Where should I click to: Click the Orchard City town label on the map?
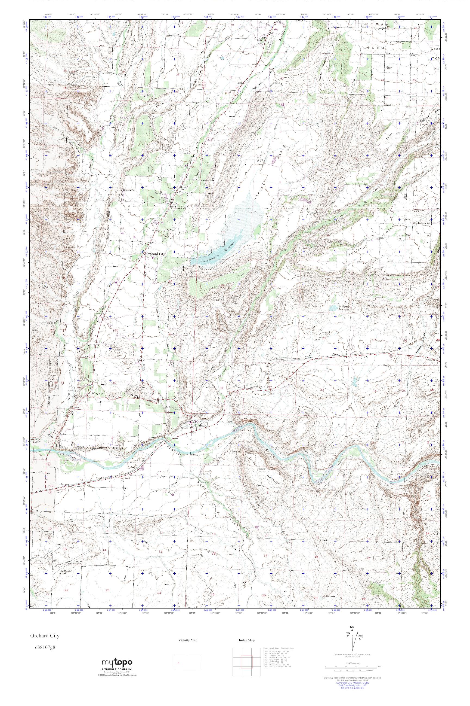coord(155,254)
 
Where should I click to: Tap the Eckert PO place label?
coord(179,207)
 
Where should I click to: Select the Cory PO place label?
coord(96,393)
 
